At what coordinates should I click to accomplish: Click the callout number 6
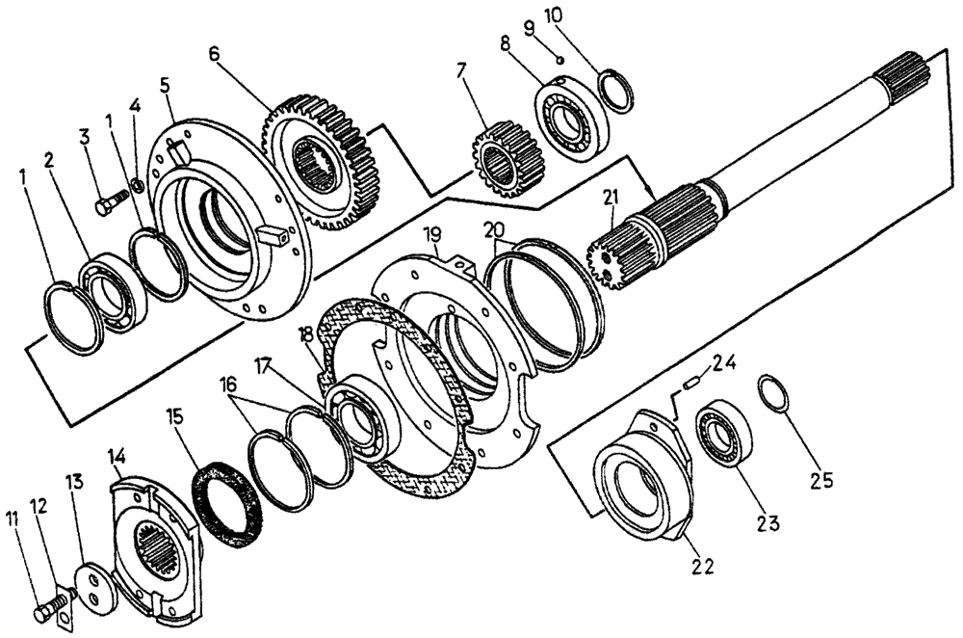[x=215, y=52]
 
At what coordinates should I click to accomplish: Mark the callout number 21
[x=608, y=199]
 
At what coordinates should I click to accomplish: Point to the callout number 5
[x=165, y=84]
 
